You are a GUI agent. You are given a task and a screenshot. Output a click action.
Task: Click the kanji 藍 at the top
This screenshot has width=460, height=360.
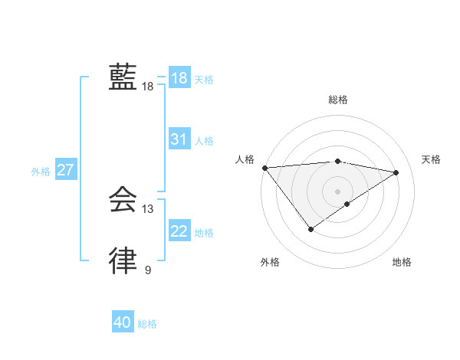coord(123,77)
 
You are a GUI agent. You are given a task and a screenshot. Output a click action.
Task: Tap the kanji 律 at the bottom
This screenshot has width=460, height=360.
coord(123,261)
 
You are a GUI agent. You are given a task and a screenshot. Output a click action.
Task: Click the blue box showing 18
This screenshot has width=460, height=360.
coord(179,78)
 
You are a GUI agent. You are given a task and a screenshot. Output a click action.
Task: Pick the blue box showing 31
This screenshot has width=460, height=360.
coord(179,139)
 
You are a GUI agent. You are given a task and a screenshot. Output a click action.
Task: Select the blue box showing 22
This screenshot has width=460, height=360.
coord(179,231)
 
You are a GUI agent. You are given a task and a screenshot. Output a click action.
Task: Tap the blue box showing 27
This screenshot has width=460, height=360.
coord(65,170)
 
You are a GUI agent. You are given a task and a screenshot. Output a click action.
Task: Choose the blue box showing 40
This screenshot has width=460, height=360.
coord(123,323)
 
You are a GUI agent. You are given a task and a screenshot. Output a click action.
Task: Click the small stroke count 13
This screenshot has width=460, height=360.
coord(148,209)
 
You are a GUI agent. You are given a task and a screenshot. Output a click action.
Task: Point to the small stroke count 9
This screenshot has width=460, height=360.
coord(148,270)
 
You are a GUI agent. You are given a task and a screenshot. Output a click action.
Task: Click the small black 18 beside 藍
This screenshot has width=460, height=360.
coord(148,87)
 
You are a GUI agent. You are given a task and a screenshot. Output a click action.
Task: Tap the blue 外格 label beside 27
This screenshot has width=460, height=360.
coord(41,172)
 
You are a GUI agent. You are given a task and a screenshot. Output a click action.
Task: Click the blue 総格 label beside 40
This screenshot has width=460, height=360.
coord(147,325)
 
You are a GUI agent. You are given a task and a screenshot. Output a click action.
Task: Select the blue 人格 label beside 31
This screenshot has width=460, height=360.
coord(204,141)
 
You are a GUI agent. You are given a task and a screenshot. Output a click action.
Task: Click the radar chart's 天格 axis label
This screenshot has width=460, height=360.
coord(432,159)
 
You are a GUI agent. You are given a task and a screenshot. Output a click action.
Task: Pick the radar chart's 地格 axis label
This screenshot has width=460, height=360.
coord(402,263)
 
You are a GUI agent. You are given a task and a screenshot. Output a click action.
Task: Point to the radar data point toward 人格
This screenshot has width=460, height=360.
coord(264,168)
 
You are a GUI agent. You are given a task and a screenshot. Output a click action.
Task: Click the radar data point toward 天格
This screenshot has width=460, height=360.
coord(396,172)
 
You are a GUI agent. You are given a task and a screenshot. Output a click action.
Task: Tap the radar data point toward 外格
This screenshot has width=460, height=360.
coord(310,229)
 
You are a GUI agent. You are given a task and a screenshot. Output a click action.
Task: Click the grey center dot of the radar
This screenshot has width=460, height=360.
coord(337,191)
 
